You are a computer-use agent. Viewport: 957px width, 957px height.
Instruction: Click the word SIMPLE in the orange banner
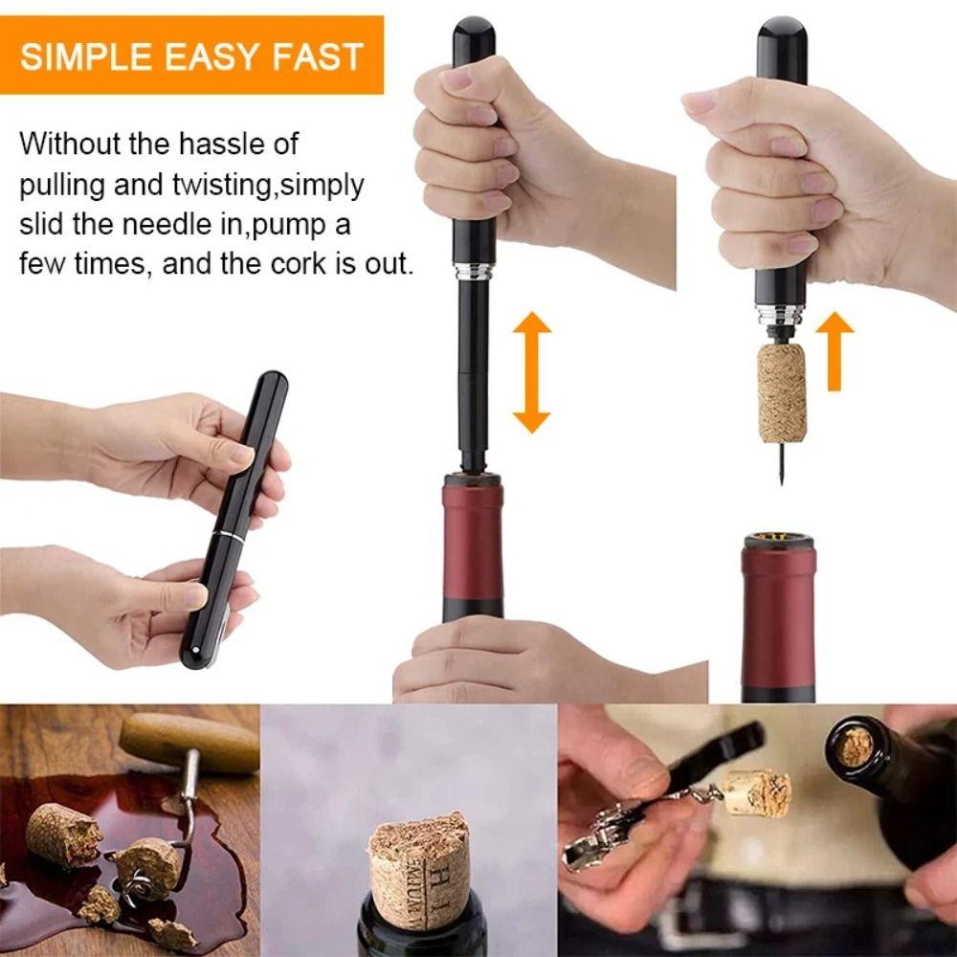[85, 56]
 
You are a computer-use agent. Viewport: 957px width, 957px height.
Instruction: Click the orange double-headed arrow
[531, 372]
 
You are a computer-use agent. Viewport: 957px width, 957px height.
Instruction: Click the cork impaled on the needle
[782, 392]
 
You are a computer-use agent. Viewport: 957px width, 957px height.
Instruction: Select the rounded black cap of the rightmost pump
[781, 38]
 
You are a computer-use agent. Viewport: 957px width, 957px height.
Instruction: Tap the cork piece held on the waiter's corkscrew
[756, 792]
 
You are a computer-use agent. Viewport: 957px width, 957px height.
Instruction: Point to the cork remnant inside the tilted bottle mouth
[855, 746]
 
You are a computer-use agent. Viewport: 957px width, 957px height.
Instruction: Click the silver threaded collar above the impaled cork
[779, 316]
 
